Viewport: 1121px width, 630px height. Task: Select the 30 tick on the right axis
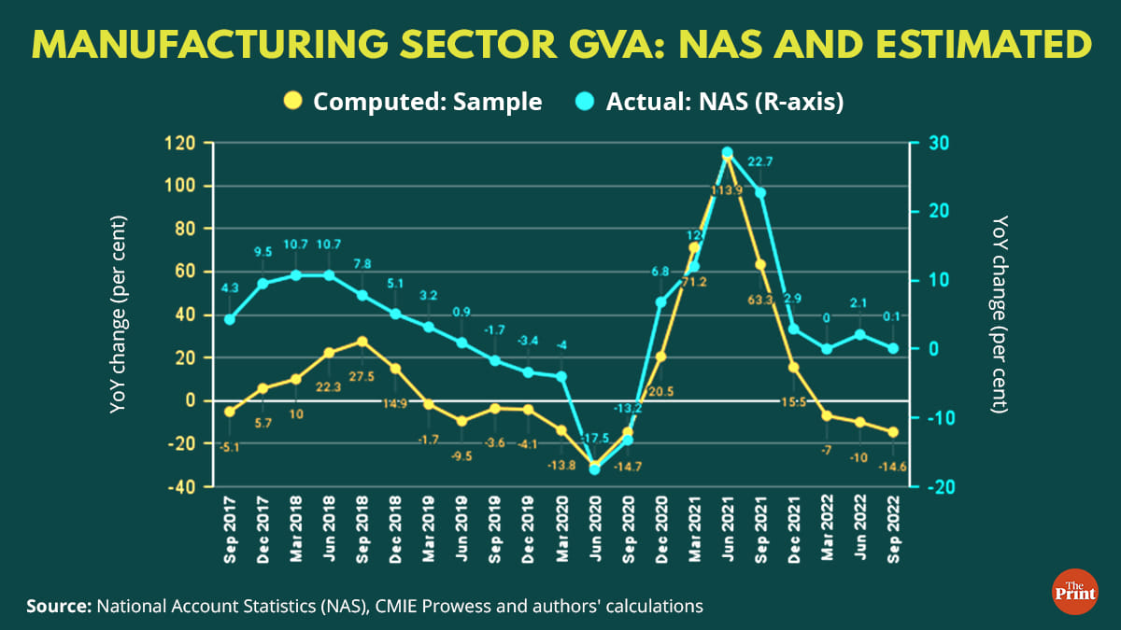pyautogui.click(x=934, y=143)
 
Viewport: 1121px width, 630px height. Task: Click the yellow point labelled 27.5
pyautogui.click(x=362, y=342)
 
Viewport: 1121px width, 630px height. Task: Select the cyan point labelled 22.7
pyautogui.click(x=760, y=193)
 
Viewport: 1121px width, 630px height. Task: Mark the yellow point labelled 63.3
pyautogui.click(x=760, y=264)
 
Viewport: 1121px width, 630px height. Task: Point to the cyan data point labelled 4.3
pyautogui.click(x=230, y=319)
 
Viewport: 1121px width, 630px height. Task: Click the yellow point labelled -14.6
pyautogui.click(x=893, y=432)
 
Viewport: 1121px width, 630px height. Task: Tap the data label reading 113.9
pyautogui.click(x=726, y=190)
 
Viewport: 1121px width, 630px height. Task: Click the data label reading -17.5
pyautogui.click(x=593, y=438)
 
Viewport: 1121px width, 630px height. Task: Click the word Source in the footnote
pyautogui.click(x=56, y=607)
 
